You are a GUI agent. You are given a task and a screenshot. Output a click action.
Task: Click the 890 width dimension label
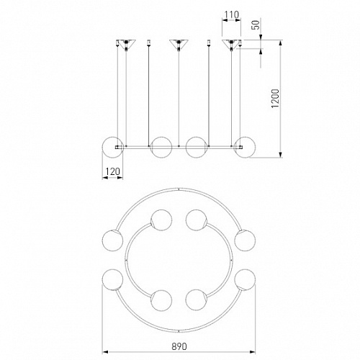click(x=179, y=346)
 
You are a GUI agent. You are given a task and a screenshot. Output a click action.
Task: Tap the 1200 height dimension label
click(x=275, y=99)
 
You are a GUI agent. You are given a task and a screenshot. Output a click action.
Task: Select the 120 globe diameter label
click(x=112, y=171)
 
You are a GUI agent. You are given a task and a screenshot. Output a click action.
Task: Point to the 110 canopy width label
click(x=232, y=15)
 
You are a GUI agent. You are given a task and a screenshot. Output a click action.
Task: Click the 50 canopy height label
click(x=256, y=25)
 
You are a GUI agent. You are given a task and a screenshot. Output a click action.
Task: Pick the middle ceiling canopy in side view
click(x=179, y=44)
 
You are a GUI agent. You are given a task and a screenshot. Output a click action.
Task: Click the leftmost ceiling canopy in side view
click(x=126, y=44)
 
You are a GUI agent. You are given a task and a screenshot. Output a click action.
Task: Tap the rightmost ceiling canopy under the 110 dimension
click(x=231, y=44)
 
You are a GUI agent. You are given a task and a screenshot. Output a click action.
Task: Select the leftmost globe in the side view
click(x=112, y=148)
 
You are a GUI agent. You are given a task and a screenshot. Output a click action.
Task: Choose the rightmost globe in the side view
click(x=245, y=148)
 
